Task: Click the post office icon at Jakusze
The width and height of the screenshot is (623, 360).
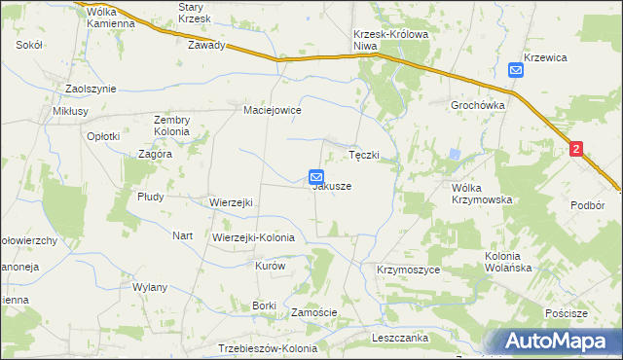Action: pos(316,176)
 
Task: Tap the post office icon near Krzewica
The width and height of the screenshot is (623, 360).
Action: pos(516,69)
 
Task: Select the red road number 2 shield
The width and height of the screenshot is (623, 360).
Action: pos(576,149)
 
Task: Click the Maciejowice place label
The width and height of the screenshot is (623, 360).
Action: pos(273,111)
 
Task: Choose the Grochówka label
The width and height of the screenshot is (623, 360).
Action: pos(476,104)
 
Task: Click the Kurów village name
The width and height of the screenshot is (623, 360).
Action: pos(269,266)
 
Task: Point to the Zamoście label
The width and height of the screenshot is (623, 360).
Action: pos(314,312)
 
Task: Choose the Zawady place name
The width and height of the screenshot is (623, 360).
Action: pos(207,45)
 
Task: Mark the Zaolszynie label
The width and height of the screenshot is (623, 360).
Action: pos(91,89)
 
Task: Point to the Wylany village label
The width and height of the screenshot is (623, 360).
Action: pos(151,287)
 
